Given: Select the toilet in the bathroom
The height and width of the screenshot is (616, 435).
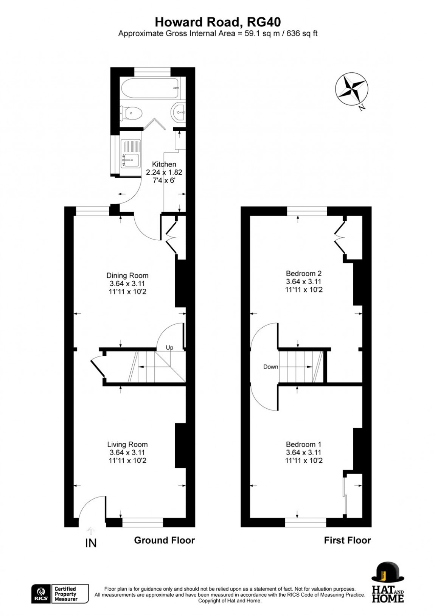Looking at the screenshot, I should [132, 112].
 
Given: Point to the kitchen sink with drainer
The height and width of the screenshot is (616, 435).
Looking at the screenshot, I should [131, 153].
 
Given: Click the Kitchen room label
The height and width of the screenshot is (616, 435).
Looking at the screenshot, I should [164, 164].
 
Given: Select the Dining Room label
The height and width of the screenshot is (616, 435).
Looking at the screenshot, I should [127, 275].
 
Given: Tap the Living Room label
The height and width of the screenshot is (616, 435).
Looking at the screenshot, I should [127, 444].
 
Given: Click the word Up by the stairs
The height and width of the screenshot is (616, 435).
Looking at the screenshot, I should [169, 347].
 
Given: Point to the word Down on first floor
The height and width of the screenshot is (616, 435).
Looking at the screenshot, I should [270, 367].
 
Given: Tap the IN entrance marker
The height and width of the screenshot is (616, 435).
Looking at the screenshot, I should [91, 543].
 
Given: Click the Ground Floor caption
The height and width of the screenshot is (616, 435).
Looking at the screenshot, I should [164, 540].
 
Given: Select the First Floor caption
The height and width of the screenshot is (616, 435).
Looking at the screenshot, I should [347, 540].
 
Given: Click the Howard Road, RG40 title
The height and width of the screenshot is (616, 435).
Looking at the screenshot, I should [217, 22].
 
